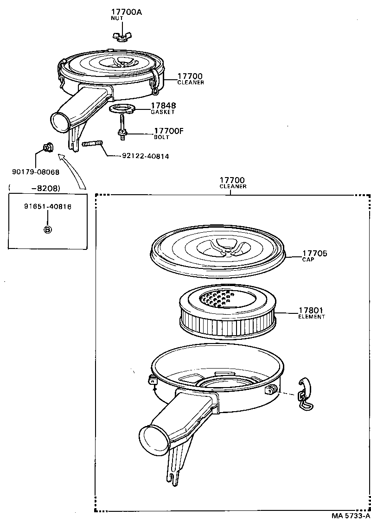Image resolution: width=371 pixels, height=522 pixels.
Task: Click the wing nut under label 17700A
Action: (x=120, y=36)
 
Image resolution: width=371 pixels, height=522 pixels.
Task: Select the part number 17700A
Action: (x=126, y=12)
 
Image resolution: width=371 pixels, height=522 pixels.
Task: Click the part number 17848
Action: (x=163, y=106)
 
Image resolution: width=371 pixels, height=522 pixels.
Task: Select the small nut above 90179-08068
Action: (x=47, y=148)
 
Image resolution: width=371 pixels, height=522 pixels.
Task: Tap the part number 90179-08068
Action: (x=36, y=172)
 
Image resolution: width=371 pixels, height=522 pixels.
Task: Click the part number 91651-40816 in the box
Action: (x=47, y=207)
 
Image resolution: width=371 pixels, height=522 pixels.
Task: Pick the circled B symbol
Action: (x=47, y=229)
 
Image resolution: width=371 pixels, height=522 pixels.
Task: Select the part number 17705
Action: (x=315, y=253)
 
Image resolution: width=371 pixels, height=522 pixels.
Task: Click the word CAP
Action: (x=308, y=260)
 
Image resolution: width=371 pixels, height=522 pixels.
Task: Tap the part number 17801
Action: (x=311, y=310)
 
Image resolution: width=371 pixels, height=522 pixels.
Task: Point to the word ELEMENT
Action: (x=311, y=317)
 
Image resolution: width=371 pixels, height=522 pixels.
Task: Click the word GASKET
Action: (x=162, y=112)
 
